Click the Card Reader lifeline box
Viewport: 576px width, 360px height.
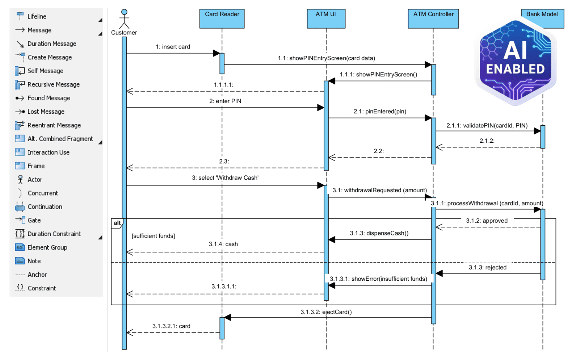pyautogui.click(x=222, y=18)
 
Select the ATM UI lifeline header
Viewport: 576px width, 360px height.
pyautogui.click(x=326, y=18)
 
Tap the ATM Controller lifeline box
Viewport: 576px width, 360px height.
pyautogui.click(x=433, y=18)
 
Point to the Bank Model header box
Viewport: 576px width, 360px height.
pyautogui.click(x=542, y=14)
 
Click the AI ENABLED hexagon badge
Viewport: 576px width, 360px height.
pyautogui.click(x=515, y=62)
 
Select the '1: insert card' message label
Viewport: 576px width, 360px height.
pyautogui.click(x=173, y=47)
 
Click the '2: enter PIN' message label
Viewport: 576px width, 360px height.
pyautogui.click(x=225, y=101)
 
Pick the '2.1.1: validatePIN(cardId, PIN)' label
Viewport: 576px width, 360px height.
pyautogui.click(x=487, y=125)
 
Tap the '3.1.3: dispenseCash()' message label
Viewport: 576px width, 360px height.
pyautogui.click(x=379, y=233)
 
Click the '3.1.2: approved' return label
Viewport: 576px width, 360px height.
pyautogui.click(x=487, y=221)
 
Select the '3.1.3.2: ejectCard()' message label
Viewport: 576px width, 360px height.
pyautogui.click(x=326, y=312)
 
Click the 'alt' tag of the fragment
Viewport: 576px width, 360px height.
pyautogui.click(x=117, y=223)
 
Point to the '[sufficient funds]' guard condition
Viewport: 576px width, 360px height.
pyautogui.click(x=153, y=236)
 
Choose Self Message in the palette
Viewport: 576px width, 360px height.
pyautogui.click(x=45, y=71)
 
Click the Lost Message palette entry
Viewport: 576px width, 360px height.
pyautogui.click(x=46, y=112)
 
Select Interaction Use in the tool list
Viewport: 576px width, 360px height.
pyautogui.click(x=48, y=152)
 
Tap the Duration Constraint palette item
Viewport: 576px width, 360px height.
pyautogui.click(x=54, y=234)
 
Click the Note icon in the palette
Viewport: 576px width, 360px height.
pyautogui.click(x=20, y=261)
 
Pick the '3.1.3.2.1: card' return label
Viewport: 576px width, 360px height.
pyautogui.click(x=171, y=326)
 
